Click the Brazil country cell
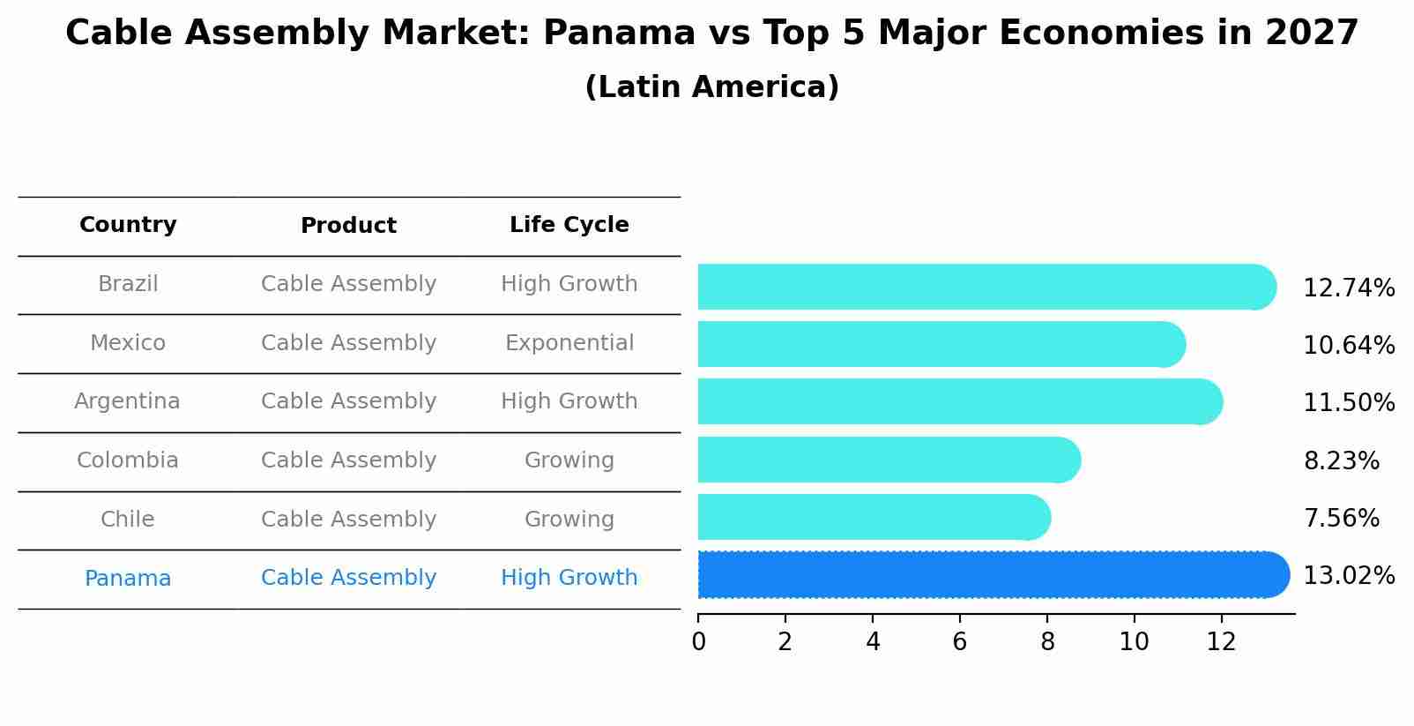tap(128, 284)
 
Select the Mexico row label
tap(128, 343)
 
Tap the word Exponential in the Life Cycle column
tap(569, 343)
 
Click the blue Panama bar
tap(987, 574)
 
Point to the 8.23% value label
tap(1341, 461)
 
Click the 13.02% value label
tap(1349, 576)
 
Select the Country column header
tap(128, 225)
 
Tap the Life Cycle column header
tap(569, 225)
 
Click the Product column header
tap(348, 226)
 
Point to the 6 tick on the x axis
tap(960, 642)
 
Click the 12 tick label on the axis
tap(1221, 642)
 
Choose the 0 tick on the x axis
tap(698, 642)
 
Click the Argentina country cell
tap(128, 401)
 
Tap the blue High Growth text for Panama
tap(569, 578)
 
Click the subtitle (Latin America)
tap(711, 87)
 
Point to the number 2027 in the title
tap(1312, 34)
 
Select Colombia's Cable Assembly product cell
tap(348, 460)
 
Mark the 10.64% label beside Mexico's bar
tap(1349, 346)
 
